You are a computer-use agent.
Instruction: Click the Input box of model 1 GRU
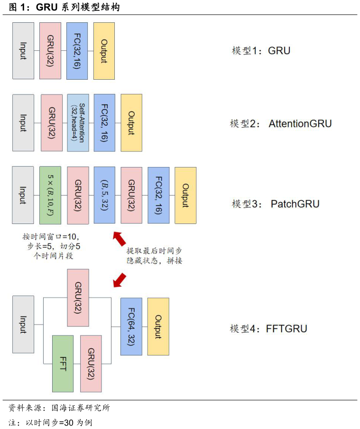coord(23,51)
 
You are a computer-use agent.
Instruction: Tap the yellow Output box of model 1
coord(104,51)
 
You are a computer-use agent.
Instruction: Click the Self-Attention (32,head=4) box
coord(78,123)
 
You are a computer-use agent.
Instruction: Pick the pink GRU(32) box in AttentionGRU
coord(51,123)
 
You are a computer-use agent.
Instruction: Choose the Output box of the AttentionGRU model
coord(131,123)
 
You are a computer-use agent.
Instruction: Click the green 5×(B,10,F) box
coord(50,195)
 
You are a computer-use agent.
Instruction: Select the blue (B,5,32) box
coord(104,195)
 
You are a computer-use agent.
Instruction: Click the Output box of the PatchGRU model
coord(185,195)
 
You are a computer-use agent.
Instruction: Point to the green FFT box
coord(63,364)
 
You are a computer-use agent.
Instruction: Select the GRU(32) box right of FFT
coord(91,364)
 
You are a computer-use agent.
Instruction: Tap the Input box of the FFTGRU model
coord(23,324)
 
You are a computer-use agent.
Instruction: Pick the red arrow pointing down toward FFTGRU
coord(120,280)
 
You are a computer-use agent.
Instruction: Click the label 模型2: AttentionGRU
coord(281,124)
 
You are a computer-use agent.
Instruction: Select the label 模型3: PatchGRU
coord(276,204)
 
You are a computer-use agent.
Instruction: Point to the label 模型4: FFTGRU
coord(268,328)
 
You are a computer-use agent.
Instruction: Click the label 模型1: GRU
coord(261,51)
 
